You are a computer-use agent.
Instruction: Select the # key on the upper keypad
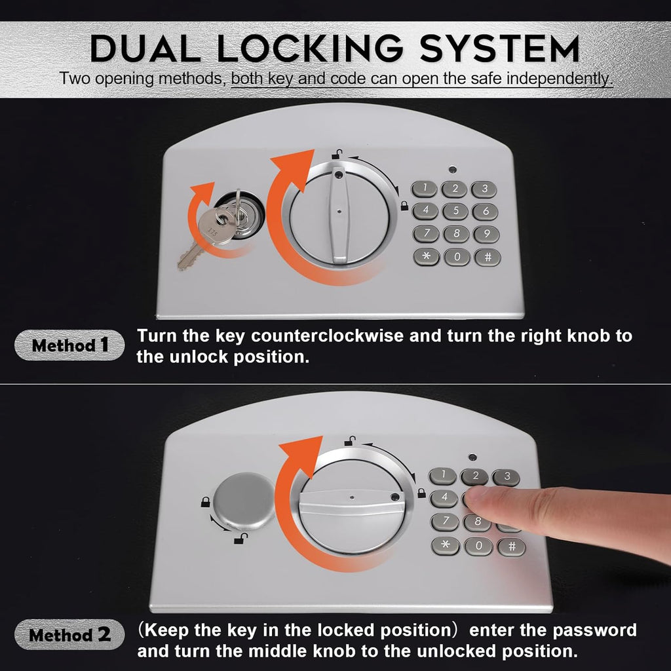click(487, 257)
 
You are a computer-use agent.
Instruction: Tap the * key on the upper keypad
click(426, 257)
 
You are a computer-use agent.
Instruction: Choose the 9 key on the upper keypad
click(486, 234)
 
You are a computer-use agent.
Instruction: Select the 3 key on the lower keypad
click(506, 477)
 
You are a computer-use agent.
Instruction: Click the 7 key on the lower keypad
click(445, 522)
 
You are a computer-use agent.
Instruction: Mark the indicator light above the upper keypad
click(453, 169)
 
